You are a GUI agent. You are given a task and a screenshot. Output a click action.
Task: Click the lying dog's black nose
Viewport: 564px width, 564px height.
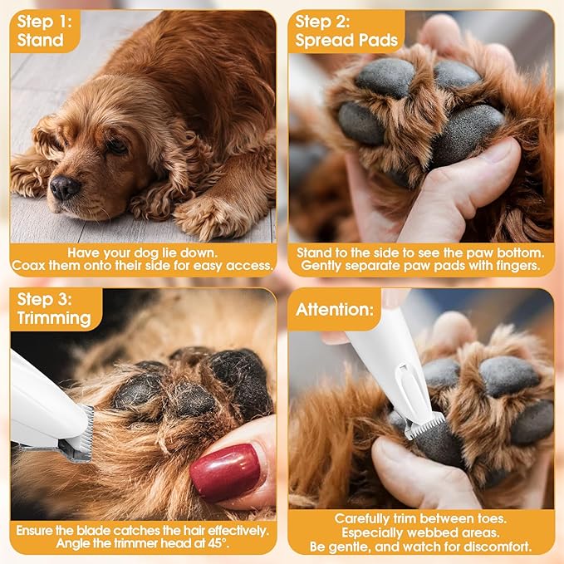(64, 188)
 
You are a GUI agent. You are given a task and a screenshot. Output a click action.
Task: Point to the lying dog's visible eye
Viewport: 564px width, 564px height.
(115, 146)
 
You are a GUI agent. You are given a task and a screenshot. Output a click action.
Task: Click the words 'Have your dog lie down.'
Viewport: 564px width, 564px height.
(141, 253)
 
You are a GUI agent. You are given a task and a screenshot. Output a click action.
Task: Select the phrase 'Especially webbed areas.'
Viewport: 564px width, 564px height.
(421, 532)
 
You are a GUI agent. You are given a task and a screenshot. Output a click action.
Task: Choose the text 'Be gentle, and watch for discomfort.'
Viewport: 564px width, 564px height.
(421, 547)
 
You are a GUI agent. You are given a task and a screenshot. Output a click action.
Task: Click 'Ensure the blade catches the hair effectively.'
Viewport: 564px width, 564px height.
(143, 529)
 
